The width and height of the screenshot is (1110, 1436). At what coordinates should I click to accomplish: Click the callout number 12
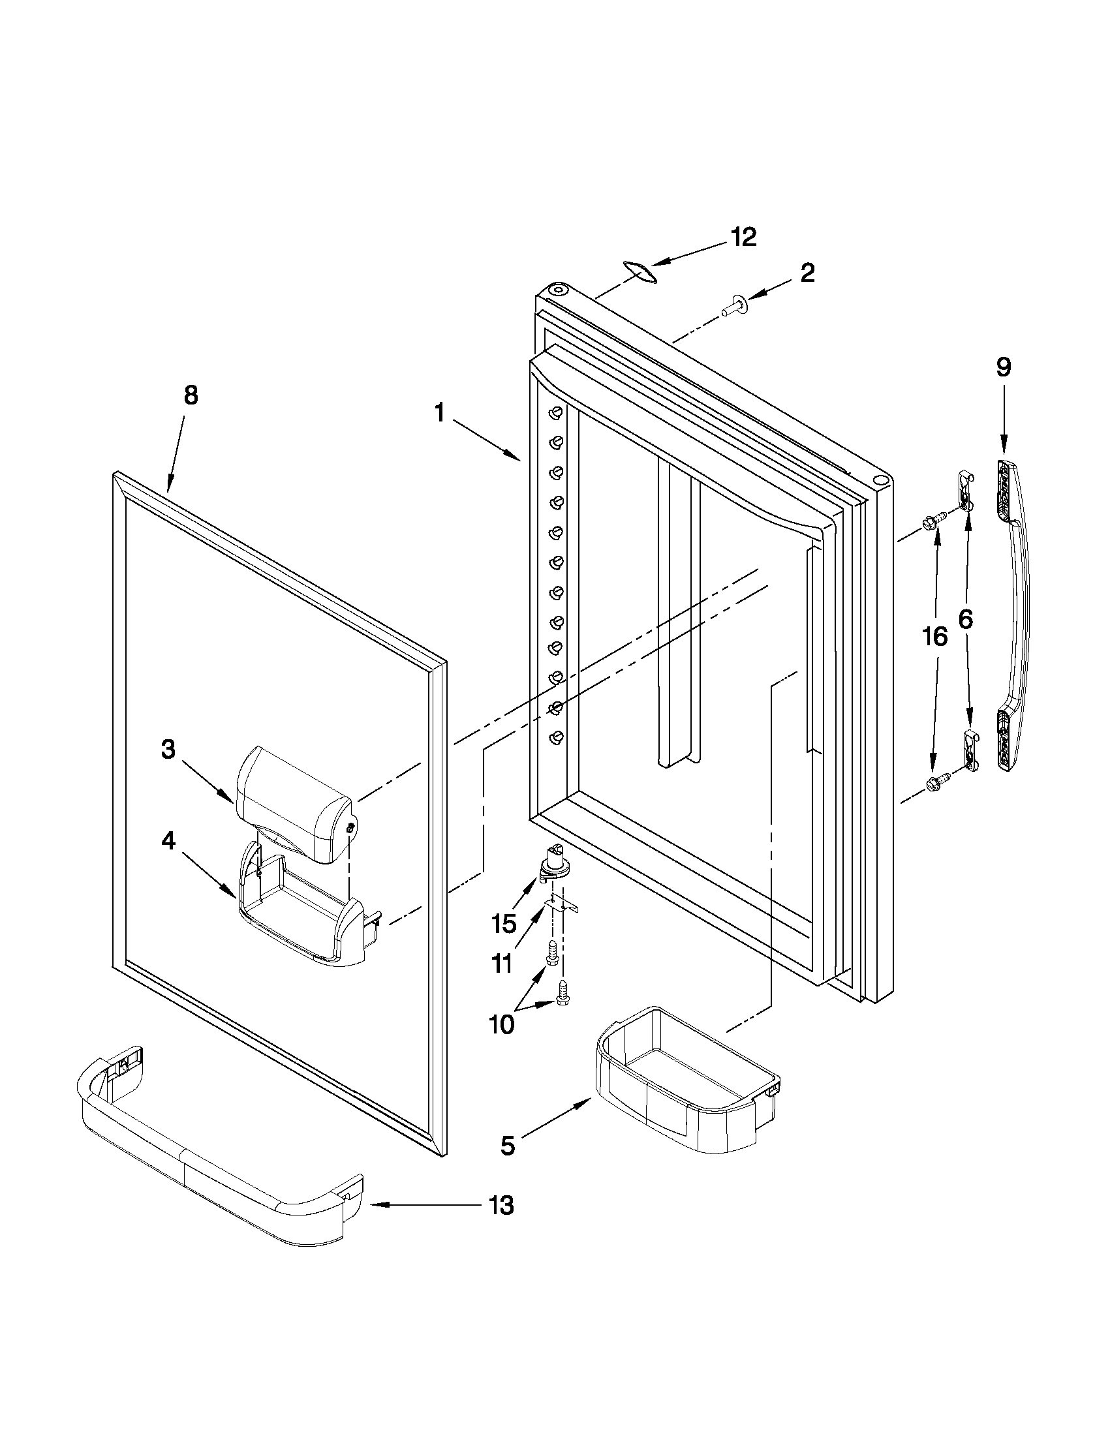click(745, 237)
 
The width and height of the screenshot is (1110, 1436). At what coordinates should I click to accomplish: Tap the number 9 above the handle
click(1004, 367)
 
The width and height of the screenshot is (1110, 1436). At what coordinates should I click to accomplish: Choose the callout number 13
click(501, 1206)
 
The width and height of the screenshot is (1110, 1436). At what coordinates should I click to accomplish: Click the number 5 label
click(508, 1146)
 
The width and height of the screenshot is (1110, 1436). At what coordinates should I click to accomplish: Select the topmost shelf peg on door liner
click(557, 414)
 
